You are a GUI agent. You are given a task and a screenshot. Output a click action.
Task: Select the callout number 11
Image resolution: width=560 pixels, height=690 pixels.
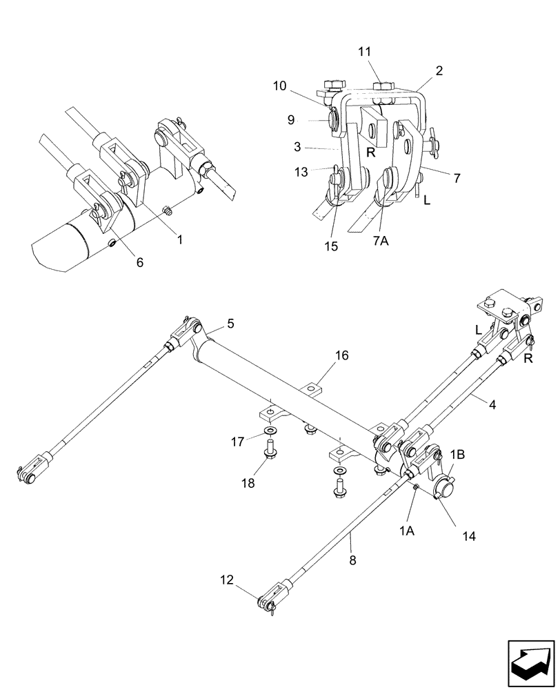click(x=364, y=52)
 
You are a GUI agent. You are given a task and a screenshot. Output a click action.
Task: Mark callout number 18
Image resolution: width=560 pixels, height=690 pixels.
click(x=248, y=483)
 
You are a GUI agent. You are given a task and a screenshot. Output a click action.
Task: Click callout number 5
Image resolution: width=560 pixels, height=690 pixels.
click(x=230, y=324)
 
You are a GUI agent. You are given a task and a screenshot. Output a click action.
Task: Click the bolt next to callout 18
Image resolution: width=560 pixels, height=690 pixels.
click(x=269, y=455)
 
